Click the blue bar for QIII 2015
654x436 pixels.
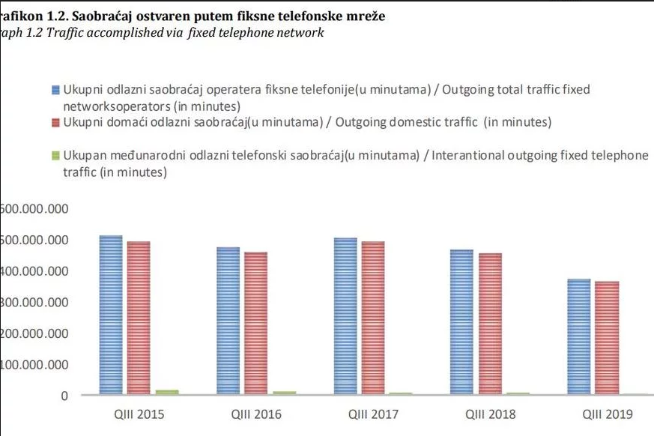(111, 315)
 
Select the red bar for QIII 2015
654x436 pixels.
(139, 318)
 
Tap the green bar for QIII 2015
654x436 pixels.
(166, 391)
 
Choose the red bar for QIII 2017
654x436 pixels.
(373, 318)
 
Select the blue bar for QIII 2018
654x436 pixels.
(461, 322)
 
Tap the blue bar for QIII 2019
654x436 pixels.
(578, 336)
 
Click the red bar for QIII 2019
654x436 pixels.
(607, 338)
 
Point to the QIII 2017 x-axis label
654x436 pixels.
(373, 414)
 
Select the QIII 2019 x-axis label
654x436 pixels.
(607, 414)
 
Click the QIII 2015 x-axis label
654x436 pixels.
(139, 414)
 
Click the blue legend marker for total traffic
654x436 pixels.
(55, 90)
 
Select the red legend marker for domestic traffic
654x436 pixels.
(55, 122)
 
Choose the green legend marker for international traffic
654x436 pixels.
(55, 156)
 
